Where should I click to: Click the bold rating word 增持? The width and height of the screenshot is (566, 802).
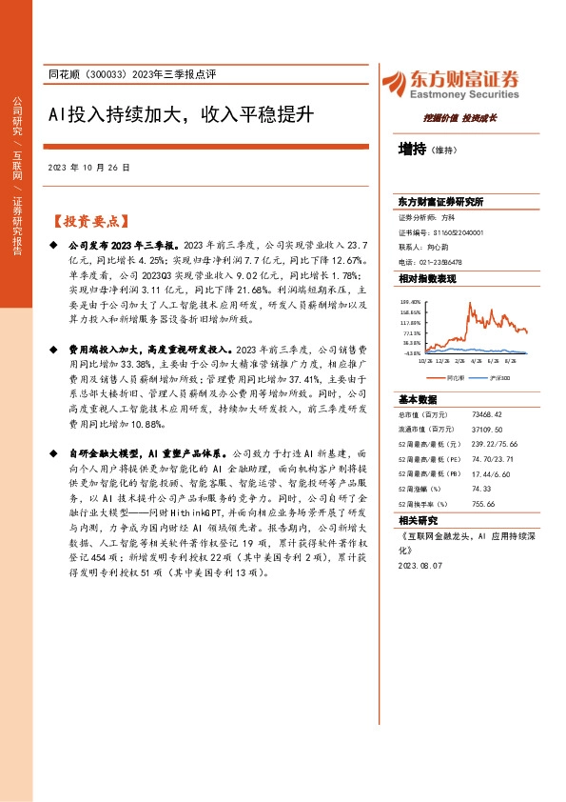[x=412, y=150]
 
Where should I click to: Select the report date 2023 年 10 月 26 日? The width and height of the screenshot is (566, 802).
[x=88, y=167]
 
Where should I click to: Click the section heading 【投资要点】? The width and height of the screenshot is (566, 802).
[x=88, y=221]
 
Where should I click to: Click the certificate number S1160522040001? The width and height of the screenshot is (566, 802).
[x=453, y=231]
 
